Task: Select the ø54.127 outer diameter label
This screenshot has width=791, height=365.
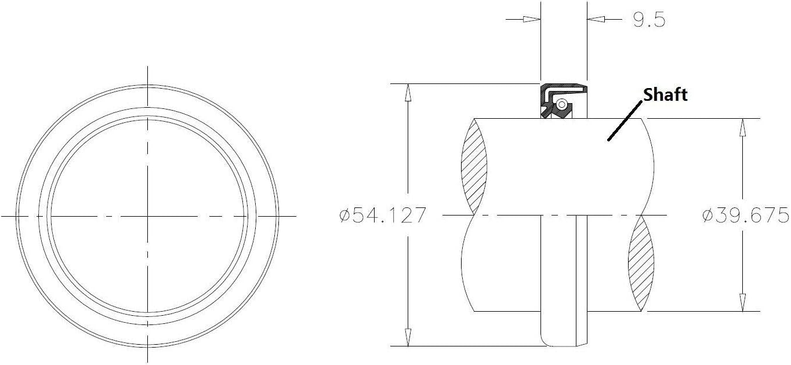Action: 383,216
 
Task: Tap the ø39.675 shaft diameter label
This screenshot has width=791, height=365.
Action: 745,216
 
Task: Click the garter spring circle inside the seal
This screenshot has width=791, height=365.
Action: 562,104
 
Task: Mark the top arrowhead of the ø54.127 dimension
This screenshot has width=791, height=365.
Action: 408,92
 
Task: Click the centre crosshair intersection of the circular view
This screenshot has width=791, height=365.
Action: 148,216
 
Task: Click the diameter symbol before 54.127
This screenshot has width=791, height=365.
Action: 344,216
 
